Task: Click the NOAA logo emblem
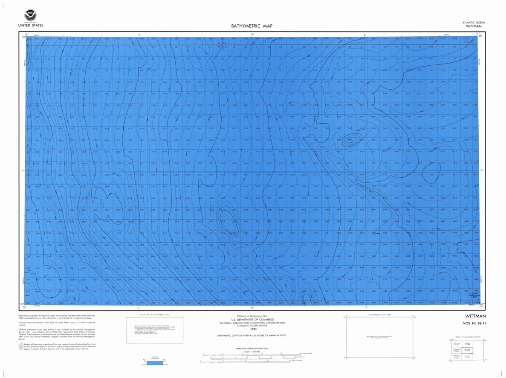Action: point(30,15)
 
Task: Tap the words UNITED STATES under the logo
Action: point(30,26)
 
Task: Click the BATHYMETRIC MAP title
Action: point(252,26)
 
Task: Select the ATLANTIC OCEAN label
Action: point(473,23)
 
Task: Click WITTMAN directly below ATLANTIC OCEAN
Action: point(474,26)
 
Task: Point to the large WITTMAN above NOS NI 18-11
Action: point(475,316)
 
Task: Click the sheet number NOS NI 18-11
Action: point(474,324)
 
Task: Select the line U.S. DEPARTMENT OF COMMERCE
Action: point(252,319)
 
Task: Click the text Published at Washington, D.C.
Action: point(252,315)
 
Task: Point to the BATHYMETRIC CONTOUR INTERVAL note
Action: point(252,336)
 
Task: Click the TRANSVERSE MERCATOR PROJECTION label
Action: point(252,349)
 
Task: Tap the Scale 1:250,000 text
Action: point(252,352)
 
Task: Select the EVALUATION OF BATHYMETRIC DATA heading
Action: point(154,315)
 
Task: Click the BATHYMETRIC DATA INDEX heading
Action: point(379,315)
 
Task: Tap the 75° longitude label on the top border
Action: point(252,35)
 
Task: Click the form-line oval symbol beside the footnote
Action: point(22,347)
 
